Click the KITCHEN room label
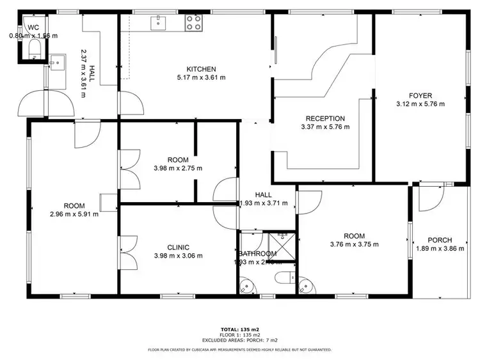tap(201, 69)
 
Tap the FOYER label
tap(420, 95)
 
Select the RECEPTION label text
tap(325, 118)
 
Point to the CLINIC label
tap(178, 247)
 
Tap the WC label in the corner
tap(33, 27)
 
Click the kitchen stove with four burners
tap(195, 24)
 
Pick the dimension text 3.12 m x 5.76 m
tap(420, 103)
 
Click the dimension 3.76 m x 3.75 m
tap(354, 244)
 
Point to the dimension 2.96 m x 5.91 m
tap(74, 214)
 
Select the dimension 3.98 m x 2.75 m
tap(178, 168)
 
